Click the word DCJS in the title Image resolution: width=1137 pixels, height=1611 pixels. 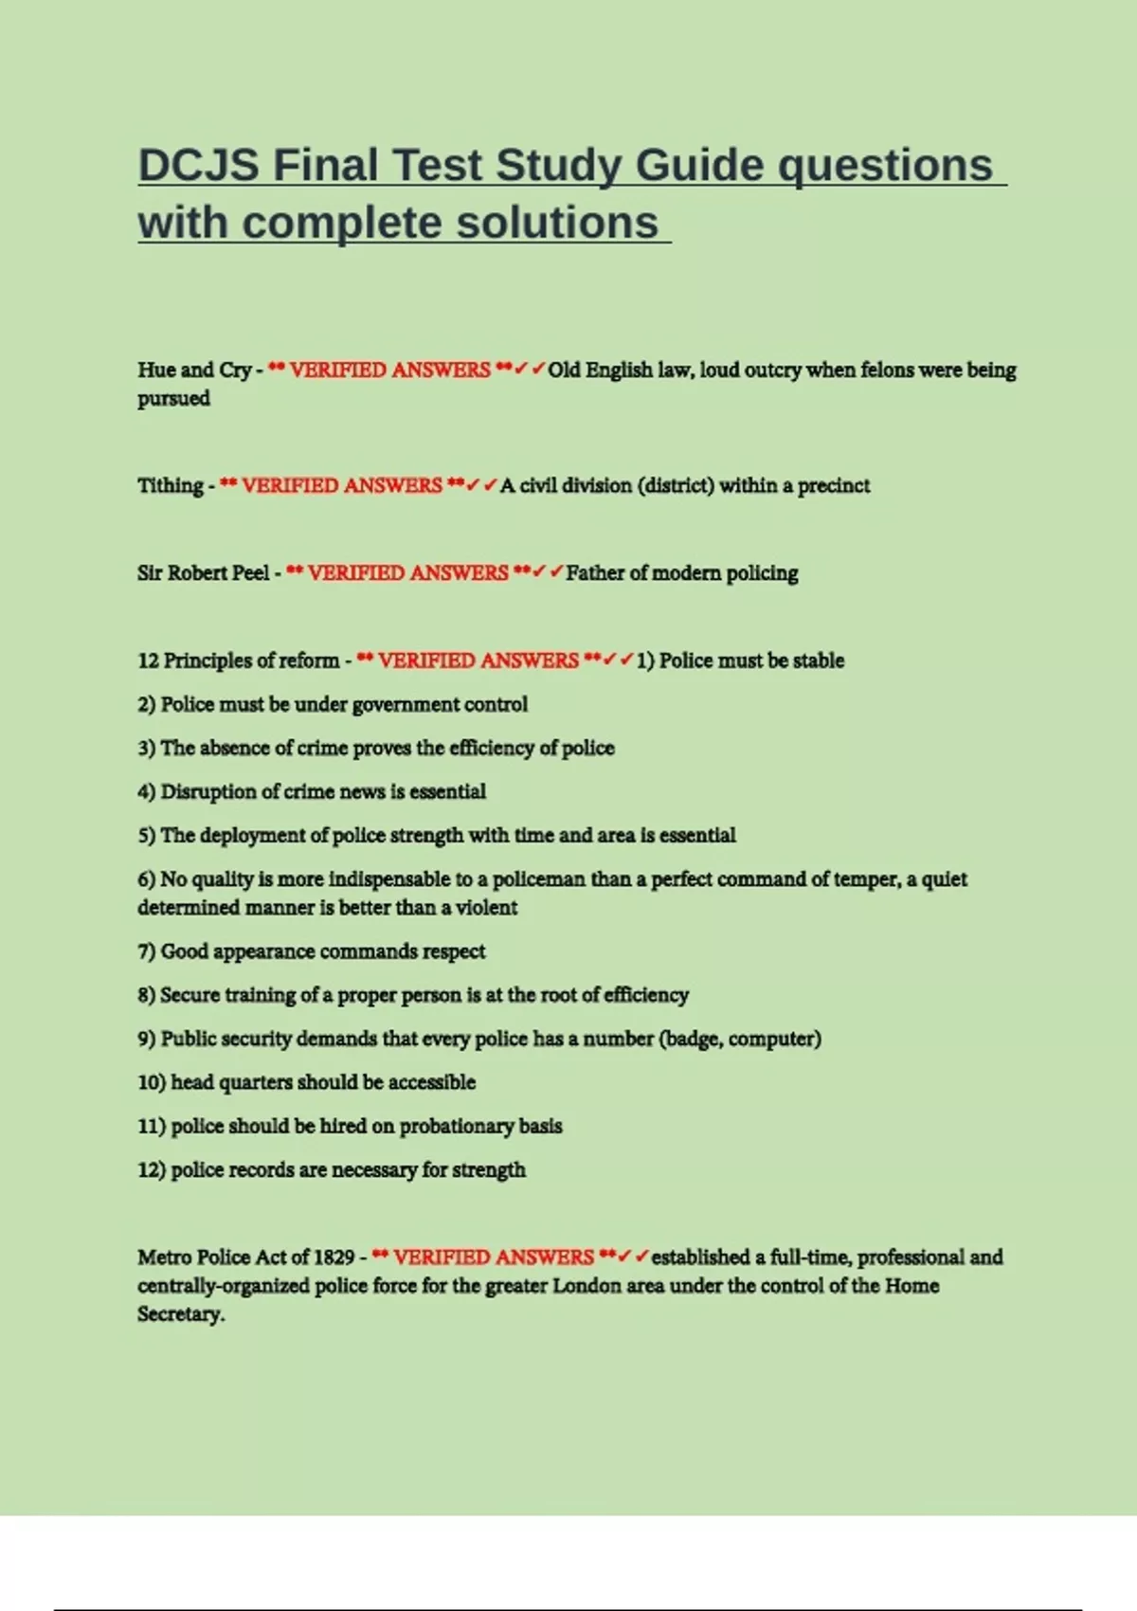198,165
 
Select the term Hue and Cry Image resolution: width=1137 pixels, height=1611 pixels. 194,370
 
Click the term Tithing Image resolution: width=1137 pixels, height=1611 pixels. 171,485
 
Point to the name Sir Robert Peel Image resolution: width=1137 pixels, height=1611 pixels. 203,573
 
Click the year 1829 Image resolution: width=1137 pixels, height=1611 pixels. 334,1258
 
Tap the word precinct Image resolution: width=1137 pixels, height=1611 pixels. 833,485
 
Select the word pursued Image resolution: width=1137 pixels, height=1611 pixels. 173,398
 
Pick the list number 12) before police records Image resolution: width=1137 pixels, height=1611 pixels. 152,1170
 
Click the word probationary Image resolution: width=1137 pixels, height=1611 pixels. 458,1127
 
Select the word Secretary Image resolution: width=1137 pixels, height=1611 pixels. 180,1314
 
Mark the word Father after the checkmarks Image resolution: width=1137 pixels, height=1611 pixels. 594,573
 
